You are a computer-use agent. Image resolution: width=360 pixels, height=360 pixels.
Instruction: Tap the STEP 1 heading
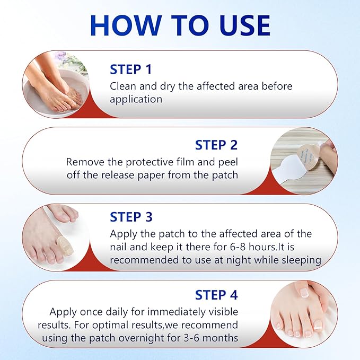[x=130, y=69]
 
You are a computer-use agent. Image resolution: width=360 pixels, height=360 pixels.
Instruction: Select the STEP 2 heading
[x=216, y=145]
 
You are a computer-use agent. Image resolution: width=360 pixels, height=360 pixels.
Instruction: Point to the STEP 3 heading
[x=131, y=217]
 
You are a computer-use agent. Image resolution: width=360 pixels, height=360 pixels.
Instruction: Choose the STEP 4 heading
[x=216, y=295]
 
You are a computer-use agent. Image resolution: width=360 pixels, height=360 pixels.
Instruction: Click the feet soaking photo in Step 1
[x=55, y=84]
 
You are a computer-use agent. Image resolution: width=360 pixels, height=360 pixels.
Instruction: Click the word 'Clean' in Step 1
[x=122, y=86]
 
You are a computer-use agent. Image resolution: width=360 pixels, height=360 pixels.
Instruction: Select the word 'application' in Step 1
[x=135, y=99]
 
